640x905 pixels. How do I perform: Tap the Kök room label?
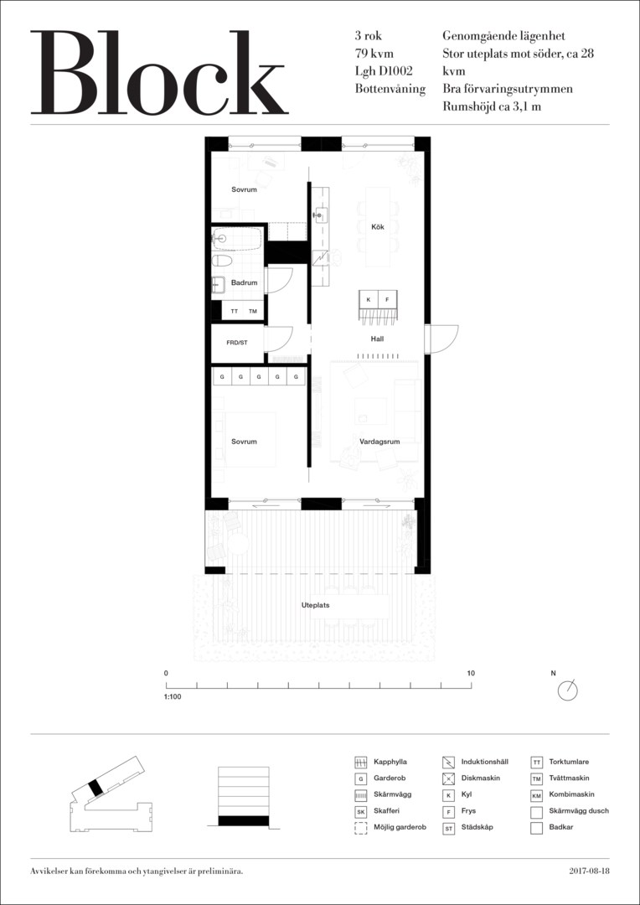pos(378,227)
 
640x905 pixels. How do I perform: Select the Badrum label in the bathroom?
pos(244,283)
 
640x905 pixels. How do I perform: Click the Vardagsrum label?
pos(379,442)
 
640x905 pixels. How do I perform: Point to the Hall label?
pos(378,339)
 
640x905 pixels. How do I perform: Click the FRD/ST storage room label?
pos(236,342)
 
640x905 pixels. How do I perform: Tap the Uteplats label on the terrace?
pos(315,606)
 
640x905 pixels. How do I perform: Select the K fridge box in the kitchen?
pos(368,299)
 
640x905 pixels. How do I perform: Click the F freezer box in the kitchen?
pos(387,299)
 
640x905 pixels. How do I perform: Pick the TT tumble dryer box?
pos(235,311)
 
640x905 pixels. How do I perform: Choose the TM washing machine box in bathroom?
pos(253,311)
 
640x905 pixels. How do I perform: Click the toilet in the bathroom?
pos(222,261)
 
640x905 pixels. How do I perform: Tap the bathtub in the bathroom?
pos(237,238)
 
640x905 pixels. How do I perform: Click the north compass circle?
pos(568,690)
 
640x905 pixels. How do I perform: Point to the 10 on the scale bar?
pos(471,673)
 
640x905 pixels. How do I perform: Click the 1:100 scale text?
pos(173,696)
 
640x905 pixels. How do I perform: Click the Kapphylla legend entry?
pos(382,762)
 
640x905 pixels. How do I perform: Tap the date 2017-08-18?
pos(589,871)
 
